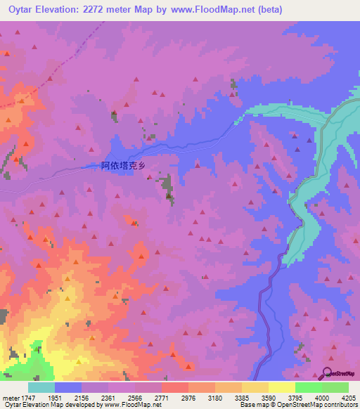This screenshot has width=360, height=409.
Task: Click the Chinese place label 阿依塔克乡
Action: tap(124, 166)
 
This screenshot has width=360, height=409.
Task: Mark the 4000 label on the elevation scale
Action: tap(321, 397)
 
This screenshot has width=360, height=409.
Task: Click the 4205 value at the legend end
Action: tap(348, 397)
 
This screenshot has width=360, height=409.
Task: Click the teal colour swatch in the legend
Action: tap(41, 387)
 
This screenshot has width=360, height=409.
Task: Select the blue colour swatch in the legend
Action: tap(68, 387)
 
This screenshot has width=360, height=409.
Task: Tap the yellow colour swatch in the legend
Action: tap(281, 387)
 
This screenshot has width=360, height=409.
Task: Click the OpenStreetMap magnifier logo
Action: tap(327, 373)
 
